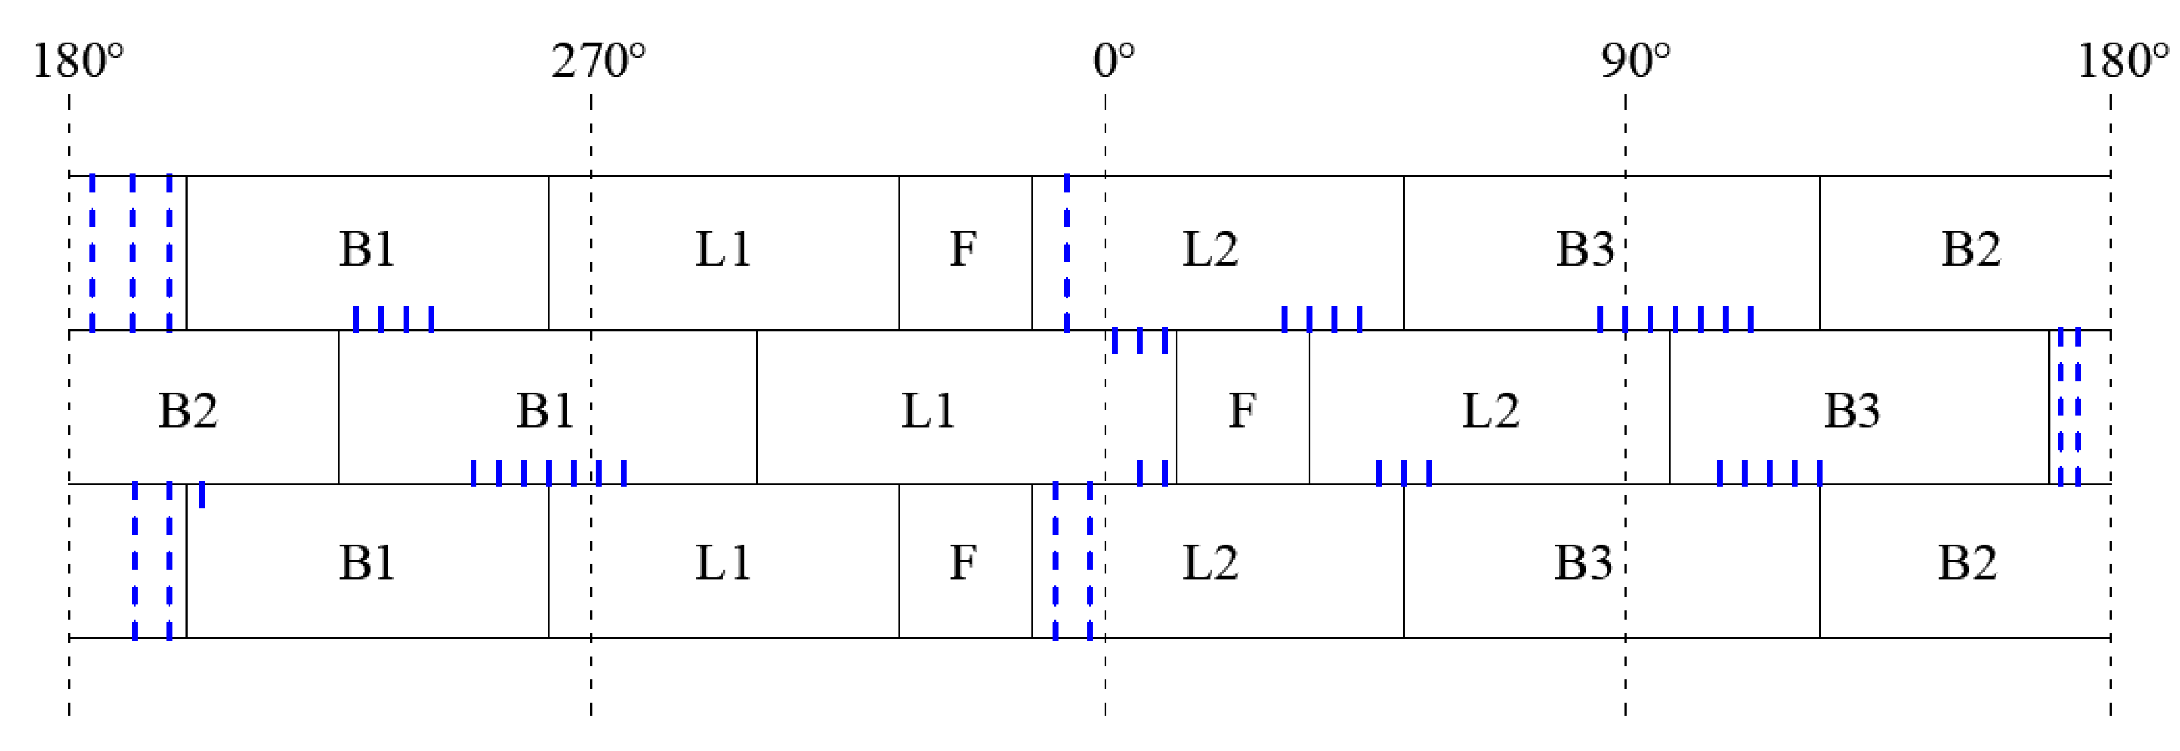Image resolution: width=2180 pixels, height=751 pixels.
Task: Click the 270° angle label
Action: click(x=597, y=62)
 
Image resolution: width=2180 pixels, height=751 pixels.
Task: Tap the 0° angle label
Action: click(x=1113, y=62)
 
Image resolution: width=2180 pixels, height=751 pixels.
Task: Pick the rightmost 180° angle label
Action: click(x=2122, y=62)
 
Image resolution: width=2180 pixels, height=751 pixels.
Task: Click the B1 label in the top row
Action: click(x=367, y=249)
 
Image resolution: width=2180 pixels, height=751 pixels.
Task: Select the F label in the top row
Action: click(x=963, y=249)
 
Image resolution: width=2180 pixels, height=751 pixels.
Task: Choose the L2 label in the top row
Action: click(x=1210, y=249)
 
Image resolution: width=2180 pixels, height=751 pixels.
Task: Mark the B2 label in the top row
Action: click(x=1970, y=249)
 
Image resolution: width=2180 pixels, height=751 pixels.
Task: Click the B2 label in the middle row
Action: click(x=188, y=411)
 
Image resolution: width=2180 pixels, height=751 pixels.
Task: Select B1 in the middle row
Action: click(x=545, y=411)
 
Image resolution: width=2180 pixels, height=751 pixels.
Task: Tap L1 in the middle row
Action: click(x=928, y=411)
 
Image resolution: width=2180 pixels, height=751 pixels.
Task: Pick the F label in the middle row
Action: click(x=1242, y=411)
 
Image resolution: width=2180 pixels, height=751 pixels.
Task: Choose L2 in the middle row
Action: click(x=1490, y=411)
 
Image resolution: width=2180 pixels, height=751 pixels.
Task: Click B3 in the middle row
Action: click(x=1852, y=411)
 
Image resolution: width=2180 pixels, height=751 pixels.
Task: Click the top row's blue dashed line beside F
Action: click(x=1066, y=252)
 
